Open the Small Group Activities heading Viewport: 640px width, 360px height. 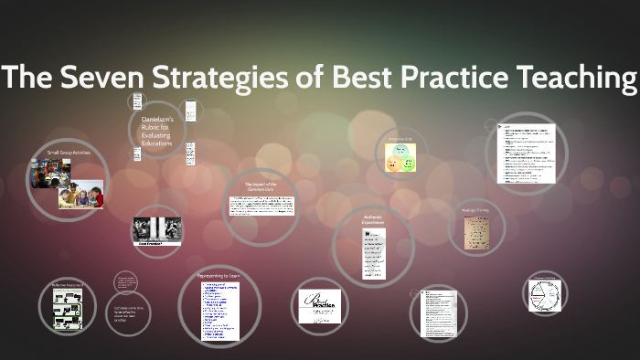[65, 152]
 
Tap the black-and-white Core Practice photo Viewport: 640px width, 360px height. [156, 230]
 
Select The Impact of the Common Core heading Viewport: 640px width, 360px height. [260, 186]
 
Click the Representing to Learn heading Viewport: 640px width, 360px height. [219, 275]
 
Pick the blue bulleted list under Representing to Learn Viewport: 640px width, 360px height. [219, 312]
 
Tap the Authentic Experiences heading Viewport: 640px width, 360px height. [372, 219]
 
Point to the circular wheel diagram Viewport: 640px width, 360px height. [548, 295]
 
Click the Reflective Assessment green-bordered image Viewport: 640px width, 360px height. [69, 312]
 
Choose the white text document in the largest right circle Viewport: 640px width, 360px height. [526, 153]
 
